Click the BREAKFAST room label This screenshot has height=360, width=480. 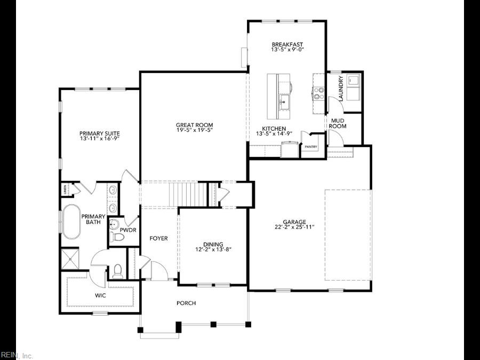click(287, 44)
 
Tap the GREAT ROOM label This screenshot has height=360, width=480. click(194, 125)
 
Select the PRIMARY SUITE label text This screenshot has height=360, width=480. click(99, 133)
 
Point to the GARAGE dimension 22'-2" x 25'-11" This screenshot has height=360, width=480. click(294, 227)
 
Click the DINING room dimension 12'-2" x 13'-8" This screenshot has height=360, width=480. click(213, 249)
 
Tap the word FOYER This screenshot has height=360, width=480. click(158, 238)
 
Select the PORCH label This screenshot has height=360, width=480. click(186, 303)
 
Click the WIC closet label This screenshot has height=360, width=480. click(100, 295)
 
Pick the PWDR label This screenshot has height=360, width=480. click(128, 230)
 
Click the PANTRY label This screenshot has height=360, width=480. click(310, 147)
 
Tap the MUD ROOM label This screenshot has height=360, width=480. click(338, 123)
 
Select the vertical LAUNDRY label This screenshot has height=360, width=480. click(341, 86)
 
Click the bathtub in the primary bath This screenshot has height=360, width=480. click(71, 221)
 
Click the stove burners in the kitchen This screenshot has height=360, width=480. click(319, 94)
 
